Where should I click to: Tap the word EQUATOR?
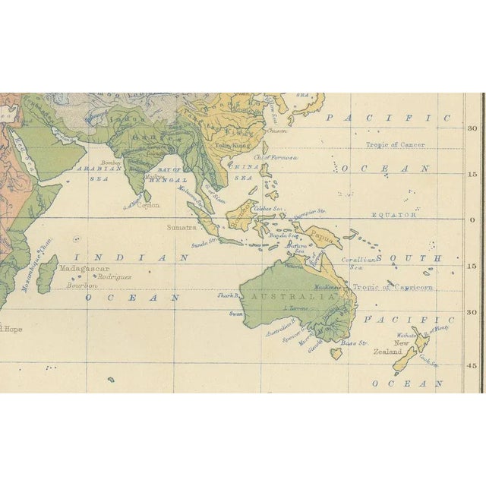point(393,215)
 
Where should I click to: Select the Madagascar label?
point(84,269)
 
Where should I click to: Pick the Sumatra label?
point(181,226)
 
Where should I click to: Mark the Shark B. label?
point(228,295)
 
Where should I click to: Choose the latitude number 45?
point(472,365)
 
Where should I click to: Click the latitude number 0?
point(471,220)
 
